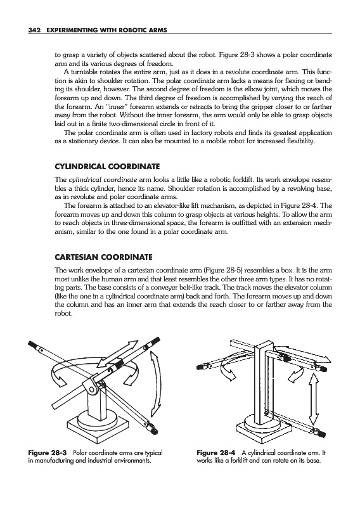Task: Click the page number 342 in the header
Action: point(34,30)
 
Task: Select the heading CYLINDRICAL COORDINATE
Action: point(107,167)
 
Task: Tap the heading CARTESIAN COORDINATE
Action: point(103,257)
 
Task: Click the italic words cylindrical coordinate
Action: point(103,180)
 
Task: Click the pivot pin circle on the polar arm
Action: point(91,390)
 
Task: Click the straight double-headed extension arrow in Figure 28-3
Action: point(118,354)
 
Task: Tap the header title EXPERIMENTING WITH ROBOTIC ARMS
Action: point(107,30)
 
